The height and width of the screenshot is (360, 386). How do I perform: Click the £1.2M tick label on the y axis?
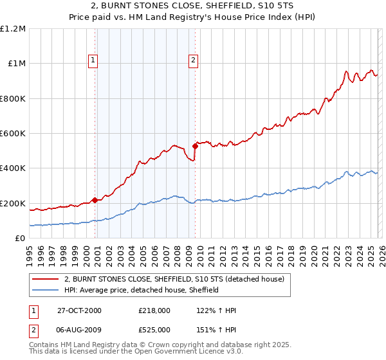[x=14, y=29]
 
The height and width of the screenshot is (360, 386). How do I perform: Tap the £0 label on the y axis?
[x=19, y=239]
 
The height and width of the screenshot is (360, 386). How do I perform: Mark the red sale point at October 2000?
[x=95, y=200]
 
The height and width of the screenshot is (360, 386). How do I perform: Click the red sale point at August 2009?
[x=195, y=146]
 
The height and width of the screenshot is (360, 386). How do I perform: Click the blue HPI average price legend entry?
[x=142, y=290]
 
